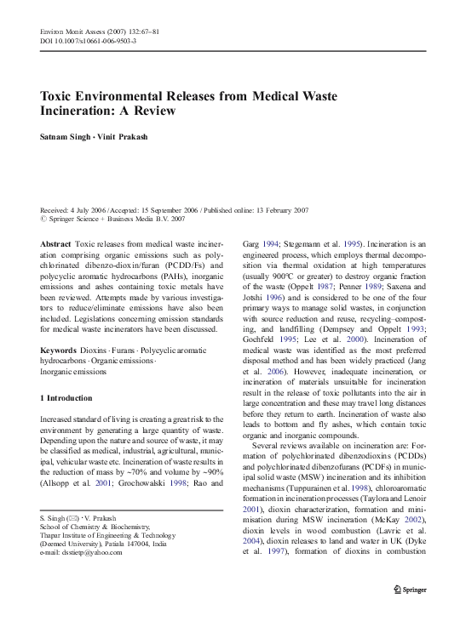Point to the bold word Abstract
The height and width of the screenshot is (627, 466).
click(56, 243)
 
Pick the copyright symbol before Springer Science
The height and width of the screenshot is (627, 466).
click(45, 219)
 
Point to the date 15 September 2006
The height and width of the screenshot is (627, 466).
click(170, 209)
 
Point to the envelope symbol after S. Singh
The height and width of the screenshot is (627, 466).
click(73, 518)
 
